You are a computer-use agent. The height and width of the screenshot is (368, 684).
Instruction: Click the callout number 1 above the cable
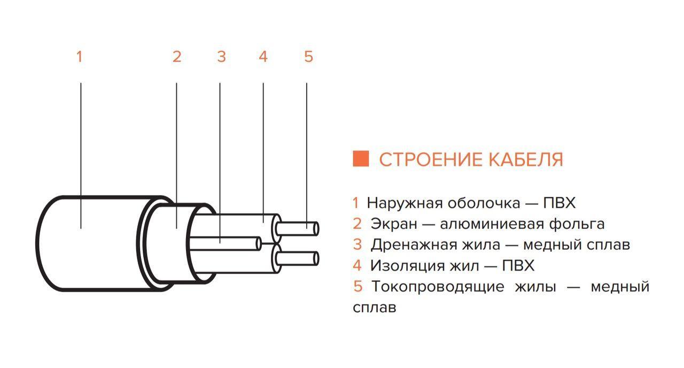[80, 57]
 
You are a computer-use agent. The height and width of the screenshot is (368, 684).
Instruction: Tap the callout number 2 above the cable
[177, 57]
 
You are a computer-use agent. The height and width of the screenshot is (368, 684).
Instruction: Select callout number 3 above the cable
[221, 57]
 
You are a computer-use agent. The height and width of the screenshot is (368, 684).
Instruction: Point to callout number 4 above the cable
[263, 57]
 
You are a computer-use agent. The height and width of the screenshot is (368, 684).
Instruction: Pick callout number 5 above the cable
[308, 57]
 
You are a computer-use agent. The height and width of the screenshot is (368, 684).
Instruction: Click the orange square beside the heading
[361, 159]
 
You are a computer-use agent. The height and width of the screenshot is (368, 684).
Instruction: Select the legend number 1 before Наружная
[355, 203]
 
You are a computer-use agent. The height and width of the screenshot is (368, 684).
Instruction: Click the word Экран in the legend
[394, 224]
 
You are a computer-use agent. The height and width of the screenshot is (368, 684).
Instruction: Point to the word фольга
[577, 225]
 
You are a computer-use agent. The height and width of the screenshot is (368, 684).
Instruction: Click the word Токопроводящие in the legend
[438, 287]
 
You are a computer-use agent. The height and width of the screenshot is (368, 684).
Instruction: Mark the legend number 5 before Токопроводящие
[357, 286]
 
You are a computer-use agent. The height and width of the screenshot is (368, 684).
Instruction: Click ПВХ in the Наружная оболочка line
[559, 203]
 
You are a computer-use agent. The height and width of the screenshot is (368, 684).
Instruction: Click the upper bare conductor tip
[316, 228]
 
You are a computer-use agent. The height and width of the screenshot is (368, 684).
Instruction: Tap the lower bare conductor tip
[316, 258]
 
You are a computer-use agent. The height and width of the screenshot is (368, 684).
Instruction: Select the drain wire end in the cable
[259, 244]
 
